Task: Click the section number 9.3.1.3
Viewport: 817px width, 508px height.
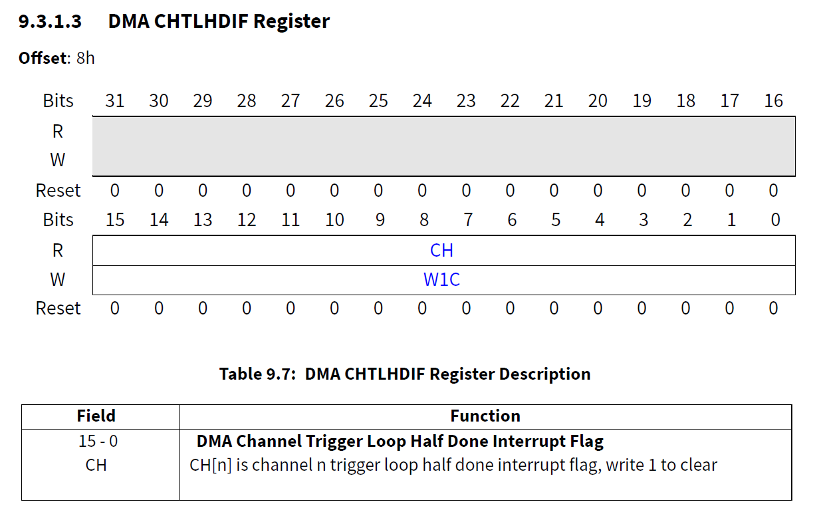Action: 50,21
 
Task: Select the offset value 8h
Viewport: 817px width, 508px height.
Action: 86,58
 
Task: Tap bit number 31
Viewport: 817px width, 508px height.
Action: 115,101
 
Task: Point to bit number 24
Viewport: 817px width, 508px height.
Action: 422,101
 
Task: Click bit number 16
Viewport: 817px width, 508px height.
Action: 774,101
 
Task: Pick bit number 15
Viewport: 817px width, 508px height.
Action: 115,220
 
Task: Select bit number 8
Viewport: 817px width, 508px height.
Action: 422,220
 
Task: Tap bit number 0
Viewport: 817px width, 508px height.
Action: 775,220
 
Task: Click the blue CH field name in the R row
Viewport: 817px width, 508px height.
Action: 442,251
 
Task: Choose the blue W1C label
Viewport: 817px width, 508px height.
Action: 442,280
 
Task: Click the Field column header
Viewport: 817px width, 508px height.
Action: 96,416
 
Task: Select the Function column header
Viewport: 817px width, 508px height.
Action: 485,416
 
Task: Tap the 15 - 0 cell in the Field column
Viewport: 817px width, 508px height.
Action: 96,441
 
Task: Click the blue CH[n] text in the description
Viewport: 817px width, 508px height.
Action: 210,465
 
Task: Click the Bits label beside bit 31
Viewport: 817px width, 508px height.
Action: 58,101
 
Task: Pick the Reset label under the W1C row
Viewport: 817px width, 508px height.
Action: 58,309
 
